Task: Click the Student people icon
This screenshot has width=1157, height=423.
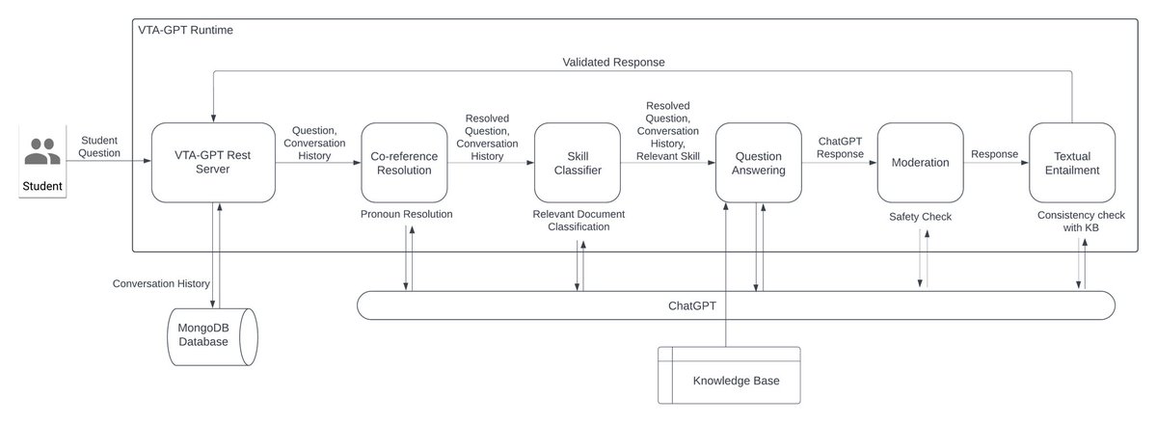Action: tap(42, 151)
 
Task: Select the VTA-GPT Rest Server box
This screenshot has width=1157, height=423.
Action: tap(213, 162)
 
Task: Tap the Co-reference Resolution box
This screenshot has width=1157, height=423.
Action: tap(404, 162)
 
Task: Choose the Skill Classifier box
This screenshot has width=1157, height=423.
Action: tap(578, 162)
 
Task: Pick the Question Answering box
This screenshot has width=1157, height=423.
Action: tap(758, 162)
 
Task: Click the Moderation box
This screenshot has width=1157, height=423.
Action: tap(920, 162)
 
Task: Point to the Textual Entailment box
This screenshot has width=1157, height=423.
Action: tap(1072, 162)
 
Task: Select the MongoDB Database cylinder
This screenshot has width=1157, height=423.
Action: tap(212, 336)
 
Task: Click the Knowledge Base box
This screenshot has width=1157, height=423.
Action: tap(729, 375)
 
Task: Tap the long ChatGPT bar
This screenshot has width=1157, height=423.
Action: tap(736, 305)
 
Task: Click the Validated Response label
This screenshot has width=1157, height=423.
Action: tap(613, 62)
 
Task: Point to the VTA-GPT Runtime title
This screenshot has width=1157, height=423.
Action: tap(185, 30)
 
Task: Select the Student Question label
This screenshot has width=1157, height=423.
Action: tap(99, 146)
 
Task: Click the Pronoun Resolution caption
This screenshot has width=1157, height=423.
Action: tap(407, 214)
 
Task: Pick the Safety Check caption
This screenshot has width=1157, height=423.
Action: tap(920, 217)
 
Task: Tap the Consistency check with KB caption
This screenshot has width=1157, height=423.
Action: tap(1081, 221)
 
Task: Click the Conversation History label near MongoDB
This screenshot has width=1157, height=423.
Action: tap(161, 283)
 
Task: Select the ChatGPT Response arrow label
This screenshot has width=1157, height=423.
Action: tap(840, 147)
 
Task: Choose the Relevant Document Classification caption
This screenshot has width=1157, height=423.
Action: tap(578, 220)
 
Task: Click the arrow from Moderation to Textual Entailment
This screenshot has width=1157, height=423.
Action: tap(996, 163)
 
